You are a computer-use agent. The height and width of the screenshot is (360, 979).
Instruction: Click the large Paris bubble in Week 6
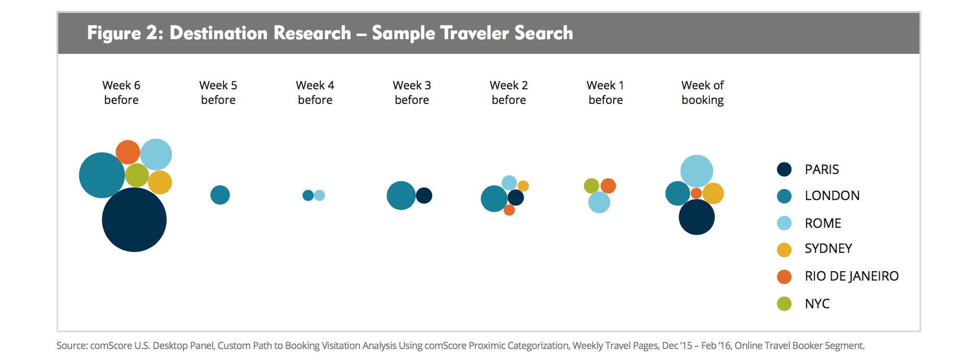click(x=134, y=219)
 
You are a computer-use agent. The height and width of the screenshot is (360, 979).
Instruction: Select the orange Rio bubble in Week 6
click(x=127, y=152)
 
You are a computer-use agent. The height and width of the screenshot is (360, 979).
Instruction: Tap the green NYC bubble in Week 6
click(x=137, y=175)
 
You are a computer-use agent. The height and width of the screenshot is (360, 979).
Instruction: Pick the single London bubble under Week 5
click(x=220, y=195)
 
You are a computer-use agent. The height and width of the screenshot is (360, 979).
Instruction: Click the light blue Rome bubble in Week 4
click(x=319, y=195)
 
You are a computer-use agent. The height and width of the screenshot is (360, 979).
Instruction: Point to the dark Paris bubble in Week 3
click(x=424, y=195)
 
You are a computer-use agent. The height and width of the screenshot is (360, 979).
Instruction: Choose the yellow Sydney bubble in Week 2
click(x=523, y=186)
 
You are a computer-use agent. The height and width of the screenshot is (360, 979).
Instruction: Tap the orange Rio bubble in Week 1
click(x=608, y=185)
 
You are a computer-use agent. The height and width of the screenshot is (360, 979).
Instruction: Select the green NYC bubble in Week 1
click(x=591, y=185)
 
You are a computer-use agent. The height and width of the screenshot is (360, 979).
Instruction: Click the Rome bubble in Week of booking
click(x=696, y=171)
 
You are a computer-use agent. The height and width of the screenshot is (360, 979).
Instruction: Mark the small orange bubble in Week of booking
click(x=696, y=193)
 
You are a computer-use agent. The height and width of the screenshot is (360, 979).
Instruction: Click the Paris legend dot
click(x=784, y=169)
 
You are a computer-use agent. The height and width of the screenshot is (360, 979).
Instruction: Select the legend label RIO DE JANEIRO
click(x=852, y=276)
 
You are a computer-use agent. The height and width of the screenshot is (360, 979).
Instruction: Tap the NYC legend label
click(x=817, y=304)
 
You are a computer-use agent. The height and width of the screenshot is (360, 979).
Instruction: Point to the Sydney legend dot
click(x=784, y=250)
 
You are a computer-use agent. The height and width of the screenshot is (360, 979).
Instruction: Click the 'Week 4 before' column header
click(x=315, y=92)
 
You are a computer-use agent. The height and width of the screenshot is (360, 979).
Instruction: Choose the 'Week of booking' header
click(x=703, y=92)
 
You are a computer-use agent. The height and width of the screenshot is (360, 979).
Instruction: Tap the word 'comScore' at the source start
click(x=111, y=345)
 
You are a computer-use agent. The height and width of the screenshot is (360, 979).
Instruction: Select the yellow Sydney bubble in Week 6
click(x=160, y=182)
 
